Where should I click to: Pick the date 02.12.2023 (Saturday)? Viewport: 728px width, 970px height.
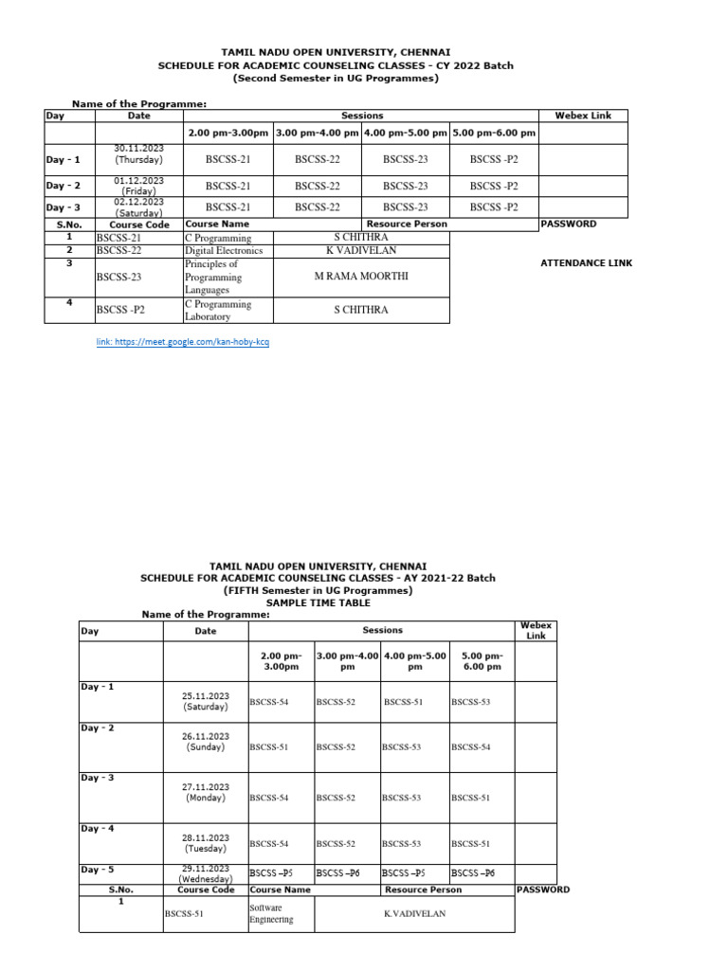pos(138,207)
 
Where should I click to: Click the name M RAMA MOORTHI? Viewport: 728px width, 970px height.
pos(360,277)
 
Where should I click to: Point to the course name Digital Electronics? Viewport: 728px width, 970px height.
pos(224,251)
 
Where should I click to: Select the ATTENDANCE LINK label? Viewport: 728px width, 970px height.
pos(586,263)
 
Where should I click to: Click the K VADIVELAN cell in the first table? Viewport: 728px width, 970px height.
pos(360,251)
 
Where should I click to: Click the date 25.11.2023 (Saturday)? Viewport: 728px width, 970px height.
pos(207,701)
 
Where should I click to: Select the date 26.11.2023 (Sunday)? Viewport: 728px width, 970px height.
pos(207,742)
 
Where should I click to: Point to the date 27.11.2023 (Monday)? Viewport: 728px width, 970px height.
pos(207,792)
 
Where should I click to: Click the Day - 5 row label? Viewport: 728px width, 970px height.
pos(98,869)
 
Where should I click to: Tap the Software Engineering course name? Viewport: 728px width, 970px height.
pos(271,913)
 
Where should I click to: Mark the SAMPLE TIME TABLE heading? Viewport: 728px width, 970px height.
pos(318,602)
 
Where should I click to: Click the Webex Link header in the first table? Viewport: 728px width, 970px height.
pos(583,116)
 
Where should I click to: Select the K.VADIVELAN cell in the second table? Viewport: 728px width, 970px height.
pos(414,913)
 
